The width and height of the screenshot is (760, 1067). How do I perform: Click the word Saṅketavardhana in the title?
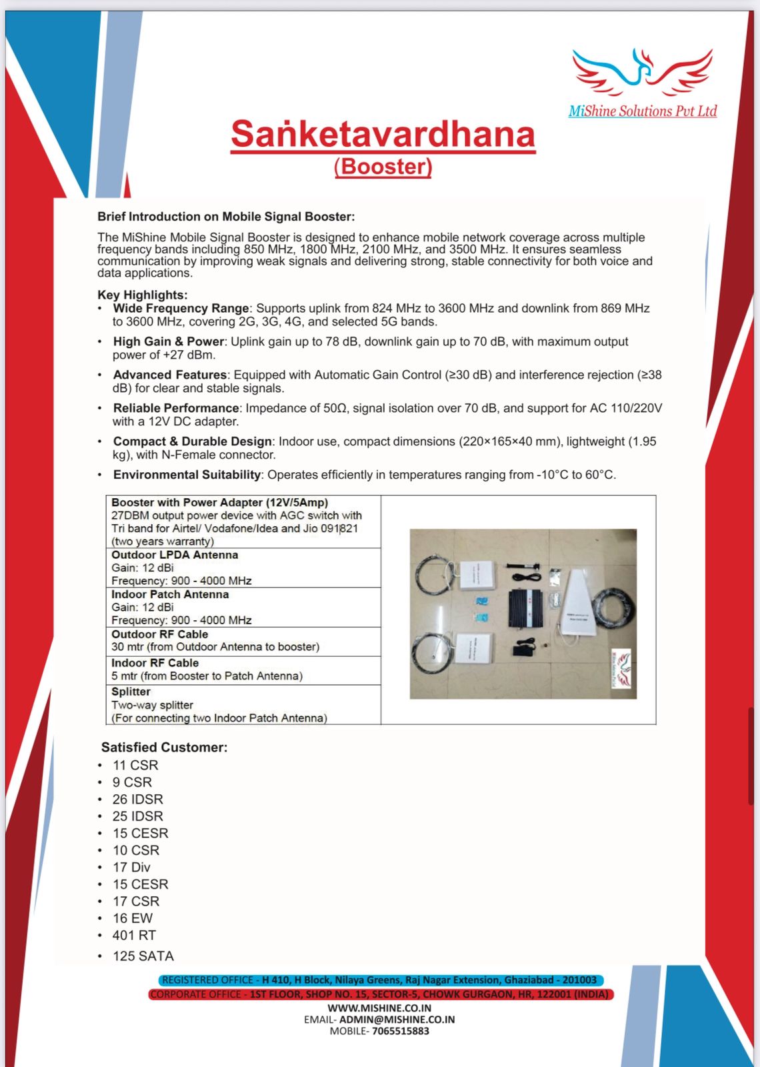click(383, 134)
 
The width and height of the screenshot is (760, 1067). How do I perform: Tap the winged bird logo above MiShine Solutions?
click(642, 71)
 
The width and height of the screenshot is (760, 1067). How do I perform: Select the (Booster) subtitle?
click(383, 166)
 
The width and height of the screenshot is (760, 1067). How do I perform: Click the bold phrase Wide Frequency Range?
click(181, 308)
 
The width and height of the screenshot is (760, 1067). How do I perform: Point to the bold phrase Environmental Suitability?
click(187, 475)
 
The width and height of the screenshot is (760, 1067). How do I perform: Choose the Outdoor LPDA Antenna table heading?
click(175, 555)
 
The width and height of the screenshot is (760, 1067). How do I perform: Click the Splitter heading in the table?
click(131, 692)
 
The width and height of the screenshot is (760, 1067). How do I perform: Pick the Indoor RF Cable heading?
click(155, 663)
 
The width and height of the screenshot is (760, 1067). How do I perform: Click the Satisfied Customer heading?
click(164, 748)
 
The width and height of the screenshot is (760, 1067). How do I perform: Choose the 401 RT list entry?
click(134, 935)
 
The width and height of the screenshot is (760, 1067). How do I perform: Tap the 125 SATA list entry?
click(143, 956)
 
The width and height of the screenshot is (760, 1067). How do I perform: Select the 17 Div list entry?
click(131, 867)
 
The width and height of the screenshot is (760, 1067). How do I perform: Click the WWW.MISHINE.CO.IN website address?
click(379, 1008)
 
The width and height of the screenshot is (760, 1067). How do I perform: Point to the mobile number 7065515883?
click(400, 1031)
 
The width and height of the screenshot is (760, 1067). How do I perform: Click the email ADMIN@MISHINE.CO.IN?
click(397, 1019)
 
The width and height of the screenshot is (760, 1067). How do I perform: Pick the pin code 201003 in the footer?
click(579, 980)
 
